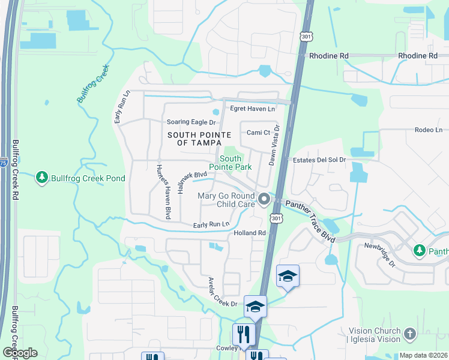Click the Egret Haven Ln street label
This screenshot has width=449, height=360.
252,109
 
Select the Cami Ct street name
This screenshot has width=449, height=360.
259,133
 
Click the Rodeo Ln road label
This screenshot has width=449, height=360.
428,130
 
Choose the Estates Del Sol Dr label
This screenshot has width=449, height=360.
319,160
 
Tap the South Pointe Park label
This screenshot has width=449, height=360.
229,163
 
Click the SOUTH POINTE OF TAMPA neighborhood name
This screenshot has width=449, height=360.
190,139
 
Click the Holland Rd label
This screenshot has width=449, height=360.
250,233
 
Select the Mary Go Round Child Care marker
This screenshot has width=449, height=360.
264,198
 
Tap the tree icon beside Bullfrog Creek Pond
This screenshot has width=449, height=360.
41,178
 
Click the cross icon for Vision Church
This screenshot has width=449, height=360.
410,334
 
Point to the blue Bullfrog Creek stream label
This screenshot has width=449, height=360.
93,85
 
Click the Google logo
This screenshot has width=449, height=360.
20,353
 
